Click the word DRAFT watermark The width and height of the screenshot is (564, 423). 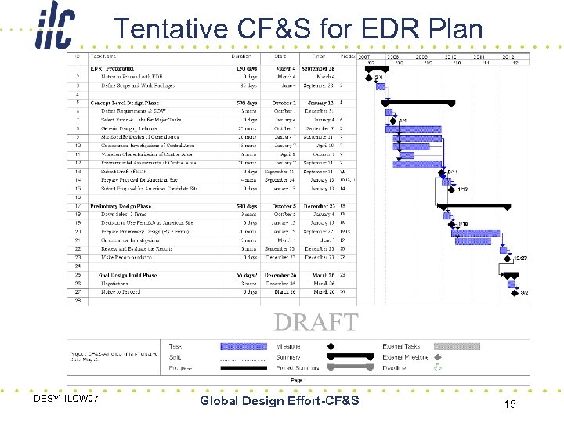tap(316, 322)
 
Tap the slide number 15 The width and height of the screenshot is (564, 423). tap(509, 404)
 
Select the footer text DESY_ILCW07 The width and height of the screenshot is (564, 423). tap(66, 400)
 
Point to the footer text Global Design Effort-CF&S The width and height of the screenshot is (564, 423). tap(280, 401)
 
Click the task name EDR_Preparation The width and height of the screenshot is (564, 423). tap(112, 69)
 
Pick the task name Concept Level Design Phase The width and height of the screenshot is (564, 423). tap(125, 103)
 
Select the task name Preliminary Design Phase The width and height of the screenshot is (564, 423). tap(121, 206)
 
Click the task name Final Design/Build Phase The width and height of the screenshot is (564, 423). tap(127, 275)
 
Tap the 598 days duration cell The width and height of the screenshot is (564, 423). tap(246, 103)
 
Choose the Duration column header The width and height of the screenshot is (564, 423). tap(241, 56)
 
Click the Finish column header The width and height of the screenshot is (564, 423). tap(318, 56)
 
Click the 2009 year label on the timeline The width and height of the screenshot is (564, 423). tap(421, 57)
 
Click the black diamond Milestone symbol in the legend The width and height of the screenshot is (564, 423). tap(330, 346)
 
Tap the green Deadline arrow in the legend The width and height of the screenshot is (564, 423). tap(437, 367)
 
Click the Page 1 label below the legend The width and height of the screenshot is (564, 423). tap(298, 379)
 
